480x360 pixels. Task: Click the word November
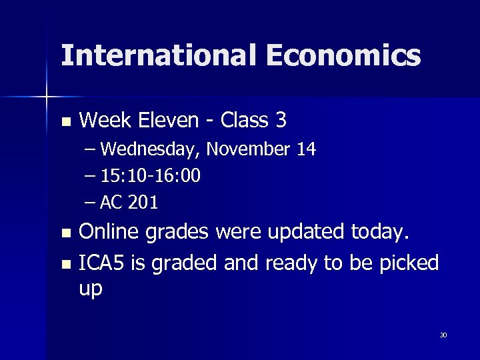click(x=249, y=149)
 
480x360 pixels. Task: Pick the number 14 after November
click(x=306, y=149)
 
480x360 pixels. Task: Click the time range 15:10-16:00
click(x=151, y=176)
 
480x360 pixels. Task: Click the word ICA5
click(x=101, y=263)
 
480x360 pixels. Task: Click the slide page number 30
click(x=443, y=335)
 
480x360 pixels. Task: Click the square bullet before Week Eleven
click(x=65, y=122)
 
